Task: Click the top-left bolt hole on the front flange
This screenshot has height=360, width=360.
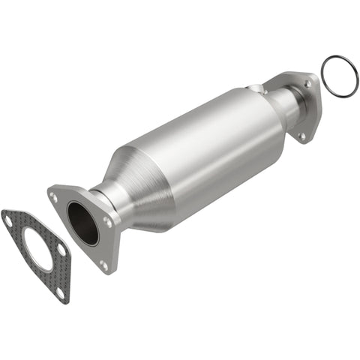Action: [x=54, y=196]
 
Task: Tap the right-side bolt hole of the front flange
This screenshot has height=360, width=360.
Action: [x=109, y=223]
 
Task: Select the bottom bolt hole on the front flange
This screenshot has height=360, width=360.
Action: [x=103, y=265]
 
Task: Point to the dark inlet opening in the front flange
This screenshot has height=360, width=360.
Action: [x=82, y=223]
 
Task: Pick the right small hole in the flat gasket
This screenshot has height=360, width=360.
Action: [x=61, y=248]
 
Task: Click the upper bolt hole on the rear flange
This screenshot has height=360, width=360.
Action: [x=307, y=84]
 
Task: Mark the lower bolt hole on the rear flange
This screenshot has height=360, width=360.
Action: [x=302, y=136]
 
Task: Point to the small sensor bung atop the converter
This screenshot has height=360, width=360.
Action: [x=259, y=91]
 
